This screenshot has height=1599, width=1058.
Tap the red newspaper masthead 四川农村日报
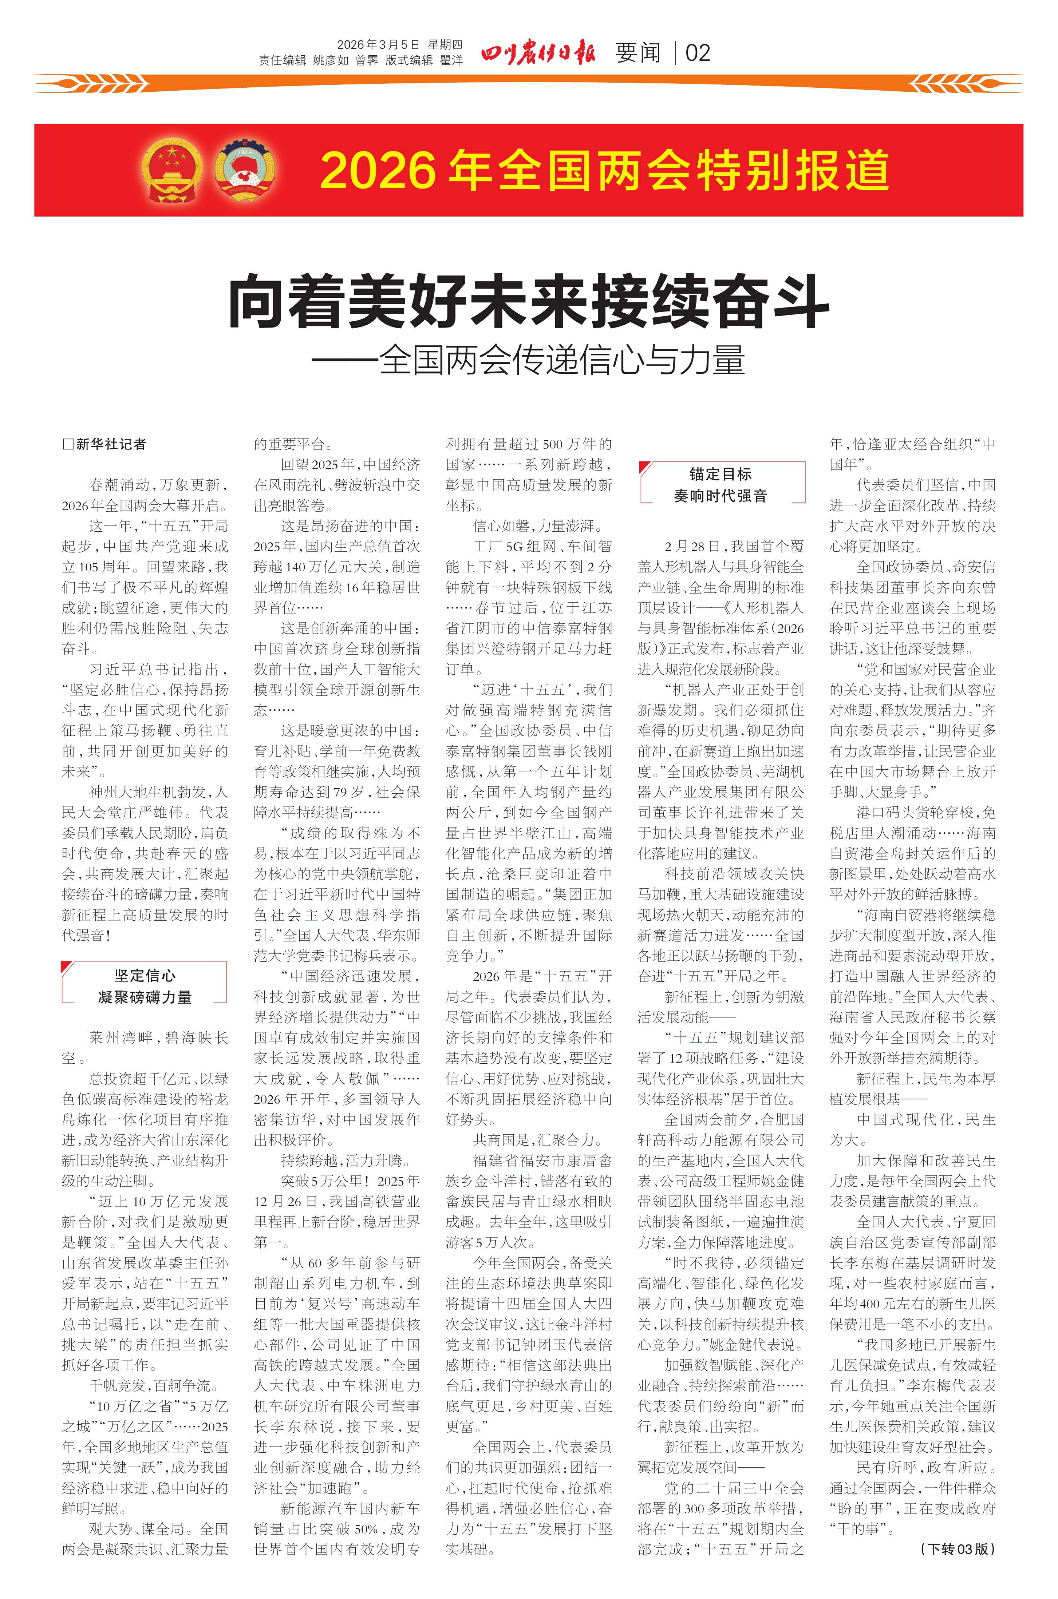point(538,53)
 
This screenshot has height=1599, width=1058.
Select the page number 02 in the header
point(698,53)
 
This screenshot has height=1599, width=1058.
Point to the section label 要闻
point(637,53)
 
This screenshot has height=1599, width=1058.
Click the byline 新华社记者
point(104,444)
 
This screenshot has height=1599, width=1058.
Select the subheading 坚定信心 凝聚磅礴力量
point(145,986)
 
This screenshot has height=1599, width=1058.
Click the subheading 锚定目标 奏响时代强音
point(721,484)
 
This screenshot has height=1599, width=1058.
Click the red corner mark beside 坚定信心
point(67,967)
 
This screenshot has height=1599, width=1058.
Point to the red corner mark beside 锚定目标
point(645,467)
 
